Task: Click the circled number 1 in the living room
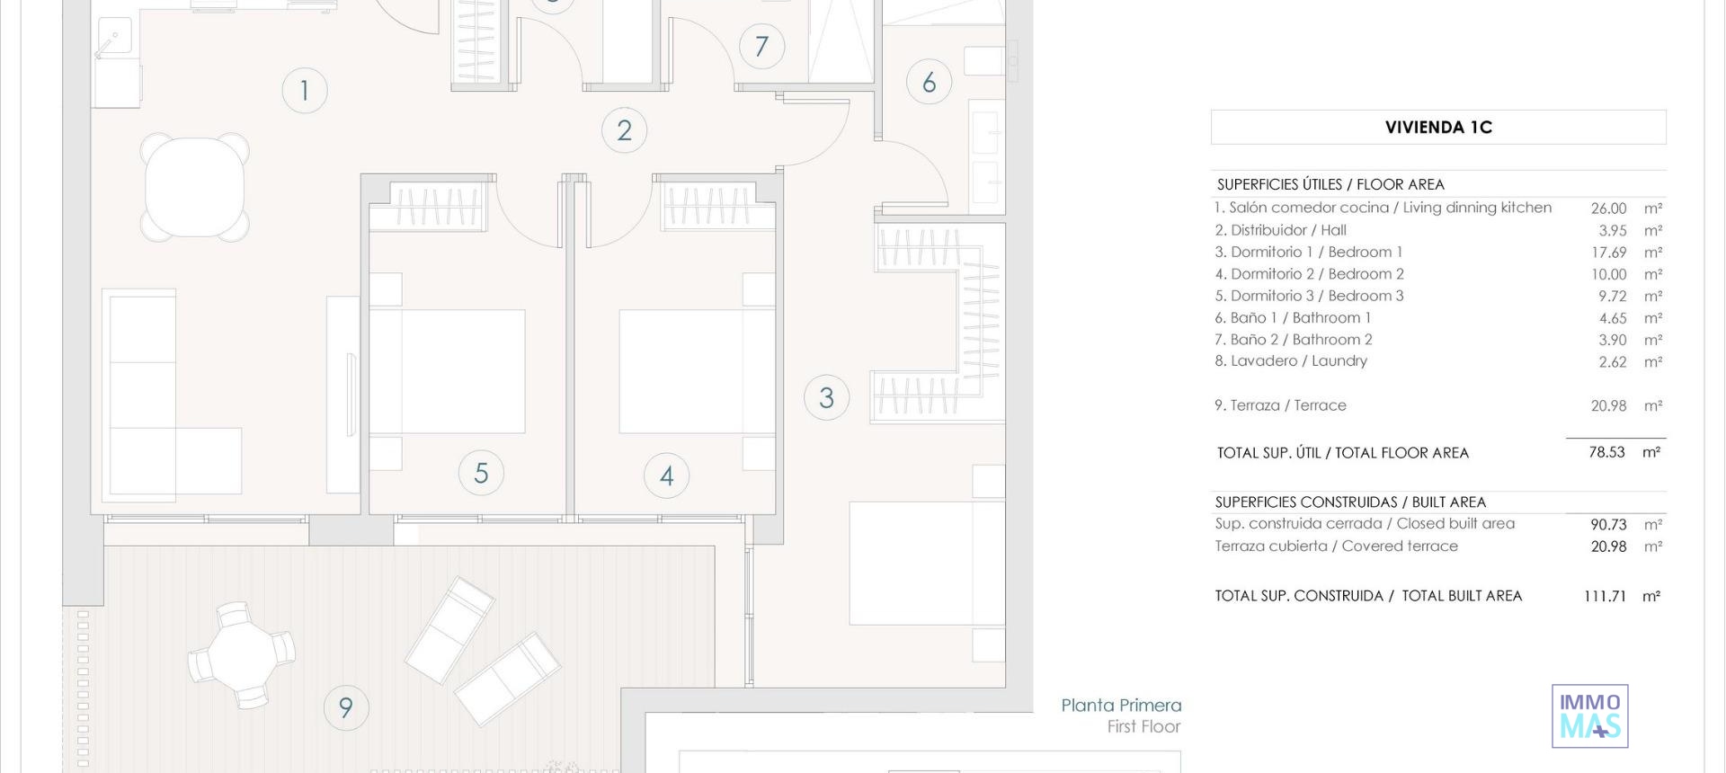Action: tap(305, 91)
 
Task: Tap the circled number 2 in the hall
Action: tap(625, 130)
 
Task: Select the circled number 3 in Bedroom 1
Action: tap(827, 398)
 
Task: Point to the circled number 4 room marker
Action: tap(667, 475)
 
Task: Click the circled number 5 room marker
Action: tap(481, 473)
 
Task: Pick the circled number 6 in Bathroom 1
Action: tap(930, 83)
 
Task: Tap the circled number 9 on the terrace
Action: tap(346, 707)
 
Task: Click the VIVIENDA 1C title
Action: tap(1438, 128)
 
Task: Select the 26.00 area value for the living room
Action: tap(1608, 209)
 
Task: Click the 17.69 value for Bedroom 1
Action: tap(1609, 253)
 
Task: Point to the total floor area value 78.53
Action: tap(1606, 452)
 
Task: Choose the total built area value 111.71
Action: tap(1605, 596)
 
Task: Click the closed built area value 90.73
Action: tap(1608, 524)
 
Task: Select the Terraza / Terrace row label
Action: tap(1280, 405)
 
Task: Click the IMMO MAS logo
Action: tap(1590, 716)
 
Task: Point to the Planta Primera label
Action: tap(1121, 706)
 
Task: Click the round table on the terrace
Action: tap(241, 655)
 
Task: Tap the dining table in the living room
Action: tap(195, 187)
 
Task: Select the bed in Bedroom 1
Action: tap(928, 564)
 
